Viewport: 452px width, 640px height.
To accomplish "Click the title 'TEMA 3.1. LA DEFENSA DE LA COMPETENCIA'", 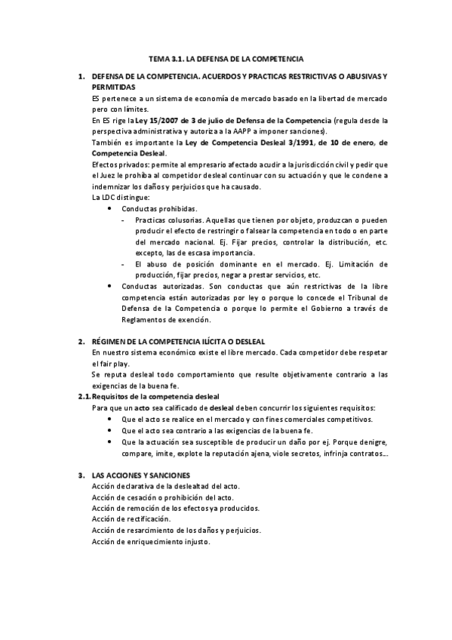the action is click(226, 57).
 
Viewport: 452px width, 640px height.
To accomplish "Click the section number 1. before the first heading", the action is click(81, 77).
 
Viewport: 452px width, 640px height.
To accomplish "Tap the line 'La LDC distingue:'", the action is click(118, 197).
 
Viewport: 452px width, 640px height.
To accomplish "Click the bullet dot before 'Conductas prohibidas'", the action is click(112, 208).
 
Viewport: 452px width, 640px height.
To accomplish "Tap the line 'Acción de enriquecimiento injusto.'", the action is click(150, 542).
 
